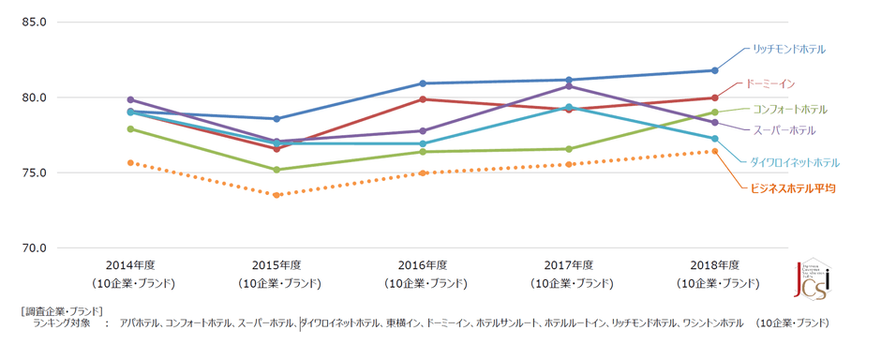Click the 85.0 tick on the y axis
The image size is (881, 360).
click(35, 22)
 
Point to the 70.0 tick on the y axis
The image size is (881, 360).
click(35, 248)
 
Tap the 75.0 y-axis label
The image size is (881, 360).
click(35, 173)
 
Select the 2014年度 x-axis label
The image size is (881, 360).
click(131, 265)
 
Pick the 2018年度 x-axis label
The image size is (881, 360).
click(714, 265)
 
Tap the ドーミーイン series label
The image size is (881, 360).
click(770, 83)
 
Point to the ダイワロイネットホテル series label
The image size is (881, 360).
click(794, 162)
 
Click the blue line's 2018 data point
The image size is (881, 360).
click(714, 70)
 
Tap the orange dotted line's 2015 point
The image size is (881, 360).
click(276, 195)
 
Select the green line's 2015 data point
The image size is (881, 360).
click(276, 170)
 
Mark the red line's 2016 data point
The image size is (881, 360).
click(423, 99)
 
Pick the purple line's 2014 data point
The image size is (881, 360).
click(131, 99)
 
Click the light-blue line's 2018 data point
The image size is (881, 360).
click(714, 139)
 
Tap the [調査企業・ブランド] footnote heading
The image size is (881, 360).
click(61, 310)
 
